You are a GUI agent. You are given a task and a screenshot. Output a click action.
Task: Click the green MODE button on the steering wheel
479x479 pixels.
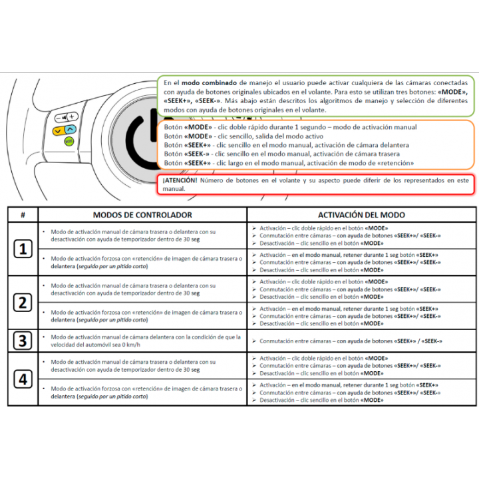point(69,141)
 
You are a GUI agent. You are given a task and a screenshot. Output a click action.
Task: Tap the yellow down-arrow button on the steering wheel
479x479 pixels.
point(59,130)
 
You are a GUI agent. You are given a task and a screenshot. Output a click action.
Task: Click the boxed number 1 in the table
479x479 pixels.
point(23,249)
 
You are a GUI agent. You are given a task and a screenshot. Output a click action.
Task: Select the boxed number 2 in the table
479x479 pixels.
point(23,303)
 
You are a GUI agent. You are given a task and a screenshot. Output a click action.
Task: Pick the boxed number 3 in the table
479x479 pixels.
point(23,341)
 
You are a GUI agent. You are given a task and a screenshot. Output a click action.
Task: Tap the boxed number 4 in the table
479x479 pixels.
point(23,379)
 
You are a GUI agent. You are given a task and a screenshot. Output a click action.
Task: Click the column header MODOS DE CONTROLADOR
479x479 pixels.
point(142,215)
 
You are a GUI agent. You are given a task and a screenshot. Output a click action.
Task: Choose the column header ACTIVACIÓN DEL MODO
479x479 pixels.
point(361,215)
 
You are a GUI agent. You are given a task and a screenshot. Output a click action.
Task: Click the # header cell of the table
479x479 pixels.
point(23,215)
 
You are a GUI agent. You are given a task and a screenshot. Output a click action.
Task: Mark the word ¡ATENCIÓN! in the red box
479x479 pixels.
point(180,180)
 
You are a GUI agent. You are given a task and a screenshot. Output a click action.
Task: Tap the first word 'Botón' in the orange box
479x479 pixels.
point(172,127)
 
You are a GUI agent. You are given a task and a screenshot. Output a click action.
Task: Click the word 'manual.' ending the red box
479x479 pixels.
point(174,189)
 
